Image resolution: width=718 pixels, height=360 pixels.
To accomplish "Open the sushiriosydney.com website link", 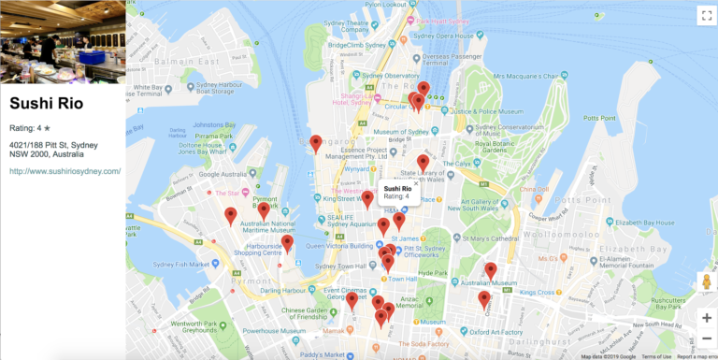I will (65, 171).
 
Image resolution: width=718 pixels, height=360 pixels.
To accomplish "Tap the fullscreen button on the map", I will (705, 15).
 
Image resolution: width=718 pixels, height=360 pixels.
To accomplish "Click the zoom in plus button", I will (706, 318).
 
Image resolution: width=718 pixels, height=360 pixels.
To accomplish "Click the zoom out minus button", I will (706, 339).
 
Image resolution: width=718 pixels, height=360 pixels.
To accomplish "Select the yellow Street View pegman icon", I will (706, 281).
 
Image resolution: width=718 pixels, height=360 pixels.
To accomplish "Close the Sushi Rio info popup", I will (417, 184).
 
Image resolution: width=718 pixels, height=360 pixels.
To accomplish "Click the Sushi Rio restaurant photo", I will (63, 41).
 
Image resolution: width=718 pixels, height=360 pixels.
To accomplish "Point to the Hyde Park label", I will (433, 272).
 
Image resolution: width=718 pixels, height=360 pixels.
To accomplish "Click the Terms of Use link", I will (655, 356).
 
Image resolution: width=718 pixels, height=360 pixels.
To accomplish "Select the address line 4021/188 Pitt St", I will (53, 145).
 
